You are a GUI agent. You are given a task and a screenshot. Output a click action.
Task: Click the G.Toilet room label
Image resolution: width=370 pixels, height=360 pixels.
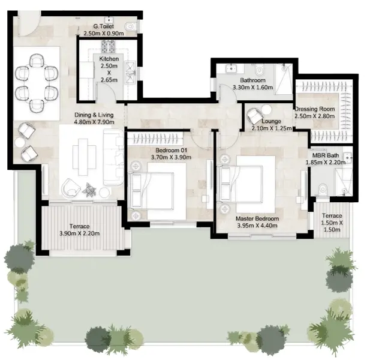pos(103,26)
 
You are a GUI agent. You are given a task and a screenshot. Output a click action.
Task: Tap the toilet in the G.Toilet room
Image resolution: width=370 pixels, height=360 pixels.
pos(131,26)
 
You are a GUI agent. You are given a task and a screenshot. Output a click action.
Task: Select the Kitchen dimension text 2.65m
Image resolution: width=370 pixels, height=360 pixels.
pos(109,80)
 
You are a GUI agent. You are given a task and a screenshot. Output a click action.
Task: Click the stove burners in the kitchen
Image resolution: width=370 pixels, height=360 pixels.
pos(109,46)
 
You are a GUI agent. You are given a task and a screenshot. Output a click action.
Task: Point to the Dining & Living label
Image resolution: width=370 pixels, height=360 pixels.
pos(94,115)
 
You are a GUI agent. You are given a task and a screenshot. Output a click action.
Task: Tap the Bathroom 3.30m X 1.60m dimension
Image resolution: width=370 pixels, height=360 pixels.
pos(252,88)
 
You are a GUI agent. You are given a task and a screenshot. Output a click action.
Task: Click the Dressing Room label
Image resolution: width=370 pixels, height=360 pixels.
pos(315,109)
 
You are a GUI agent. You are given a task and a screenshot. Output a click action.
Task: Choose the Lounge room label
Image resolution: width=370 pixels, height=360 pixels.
pos(272,121)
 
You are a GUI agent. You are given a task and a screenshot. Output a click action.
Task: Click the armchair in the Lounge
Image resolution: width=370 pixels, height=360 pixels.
pos(254,116)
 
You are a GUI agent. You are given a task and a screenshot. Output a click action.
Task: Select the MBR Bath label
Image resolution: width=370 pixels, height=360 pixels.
pos(326,155)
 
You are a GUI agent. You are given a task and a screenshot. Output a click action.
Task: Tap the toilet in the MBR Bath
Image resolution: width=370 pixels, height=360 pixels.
pos(323,189)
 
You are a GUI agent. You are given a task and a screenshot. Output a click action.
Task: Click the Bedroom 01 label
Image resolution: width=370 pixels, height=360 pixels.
pos(171,151)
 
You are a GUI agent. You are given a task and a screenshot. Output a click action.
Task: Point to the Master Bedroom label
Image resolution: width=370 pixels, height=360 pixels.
pos(257,218)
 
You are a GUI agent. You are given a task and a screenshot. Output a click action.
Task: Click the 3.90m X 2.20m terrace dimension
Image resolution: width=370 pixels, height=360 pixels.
pos(80,233)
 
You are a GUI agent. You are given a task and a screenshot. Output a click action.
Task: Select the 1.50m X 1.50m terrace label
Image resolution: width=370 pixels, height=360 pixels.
pos(332,226)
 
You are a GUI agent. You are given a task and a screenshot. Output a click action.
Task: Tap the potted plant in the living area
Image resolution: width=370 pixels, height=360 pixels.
pos(89,190)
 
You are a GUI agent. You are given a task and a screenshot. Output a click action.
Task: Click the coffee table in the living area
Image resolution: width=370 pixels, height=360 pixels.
pos(85,157)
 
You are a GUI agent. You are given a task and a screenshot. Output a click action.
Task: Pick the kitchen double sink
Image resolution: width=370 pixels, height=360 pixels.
pos(130,73)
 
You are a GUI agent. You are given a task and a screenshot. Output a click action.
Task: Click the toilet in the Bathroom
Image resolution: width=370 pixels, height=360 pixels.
pos(259,70)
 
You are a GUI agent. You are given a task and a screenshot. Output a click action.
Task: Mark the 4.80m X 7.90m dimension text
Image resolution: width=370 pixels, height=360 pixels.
pos(94,122)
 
